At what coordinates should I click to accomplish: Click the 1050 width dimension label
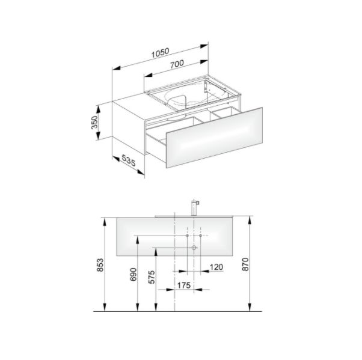click(160, 53)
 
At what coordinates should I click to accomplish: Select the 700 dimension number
click(177, 64)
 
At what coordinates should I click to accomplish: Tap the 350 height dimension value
click(94, 123)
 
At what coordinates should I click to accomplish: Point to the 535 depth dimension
click(128, 160)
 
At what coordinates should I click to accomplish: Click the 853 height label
click(100, 265)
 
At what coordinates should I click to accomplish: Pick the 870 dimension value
click(245, 264)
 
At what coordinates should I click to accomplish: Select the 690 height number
click(133, 275)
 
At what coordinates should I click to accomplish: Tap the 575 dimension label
click(151, 277)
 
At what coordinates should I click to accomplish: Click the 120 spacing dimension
click(216, 267)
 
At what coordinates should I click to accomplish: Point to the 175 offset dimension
click(184, 285)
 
